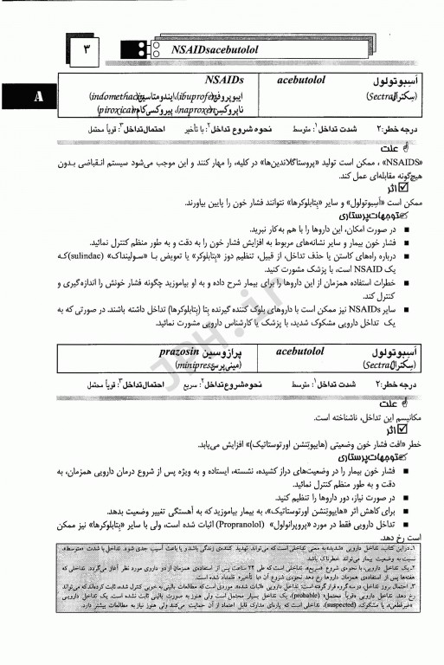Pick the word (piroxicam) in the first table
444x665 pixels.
[x=125, y=112]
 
